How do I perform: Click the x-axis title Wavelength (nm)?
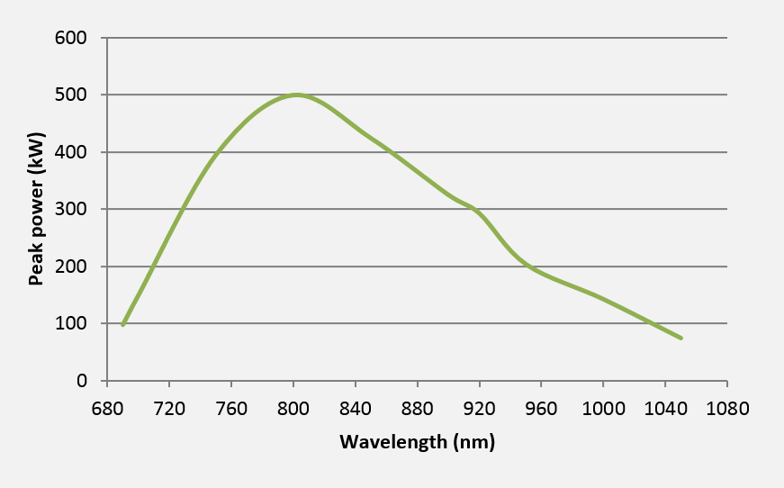coord(417,442)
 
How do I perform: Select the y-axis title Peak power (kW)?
coord(36,210)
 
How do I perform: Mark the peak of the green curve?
coord(296,95)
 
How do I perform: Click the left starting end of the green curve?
coord(122,325)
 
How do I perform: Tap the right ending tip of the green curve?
coord(681,339)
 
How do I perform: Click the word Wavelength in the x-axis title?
coord(392,442)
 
